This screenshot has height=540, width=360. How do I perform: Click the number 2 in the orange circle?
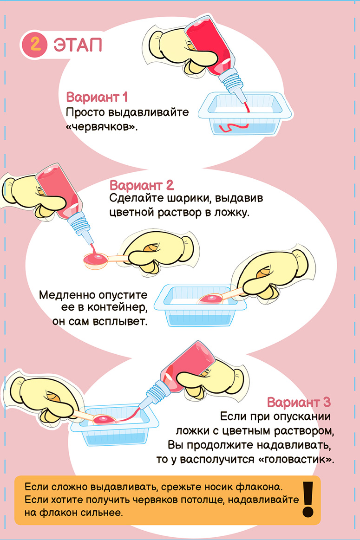[x=34, y=44]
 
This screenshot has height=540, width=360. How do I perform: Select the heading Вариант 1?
[x=97, y=98]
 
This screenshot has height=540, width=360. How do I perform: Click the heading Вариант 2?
[x=142, y=185]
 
